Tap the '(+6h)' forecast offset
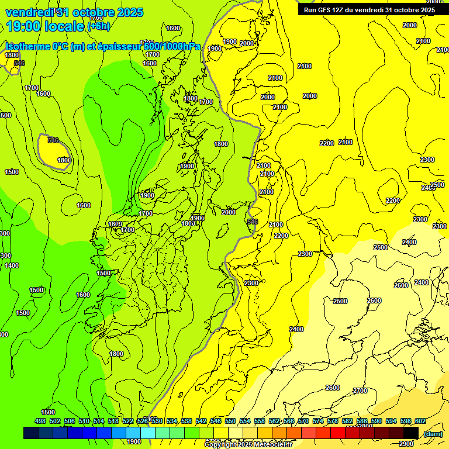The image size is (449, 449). tap(98, 26)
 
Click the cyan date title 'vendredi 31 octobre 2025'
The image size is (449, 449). tap(74, 12)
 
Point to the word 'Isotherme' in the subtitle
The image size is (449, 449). tap(27, 46)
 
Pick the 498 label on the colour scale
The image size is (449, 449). tap(40, 421)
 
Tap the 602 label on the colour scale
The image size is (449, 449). tap(420, 421)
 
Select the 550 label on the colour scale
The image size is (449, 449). tap(230, 421)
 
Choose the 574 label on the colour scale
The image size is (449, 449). tap(318, 421)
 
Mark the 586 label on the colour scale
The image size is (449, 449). tap(362, 421)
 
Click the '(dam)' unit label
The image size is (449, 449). tap(433, 433)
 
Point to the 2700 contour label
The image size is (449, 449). tap(360, 391)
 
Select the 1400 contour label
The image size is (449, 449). tap(12, 266)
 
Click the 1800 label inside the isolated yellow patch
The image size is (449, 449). tap(64, 160)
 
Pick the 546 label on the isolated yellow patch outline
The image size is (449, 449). tap(53, 140)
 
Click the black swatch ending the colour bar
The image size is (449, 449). tap(411, 433)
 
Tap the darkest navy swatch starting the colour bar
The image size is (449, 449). tap(31, 433)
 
